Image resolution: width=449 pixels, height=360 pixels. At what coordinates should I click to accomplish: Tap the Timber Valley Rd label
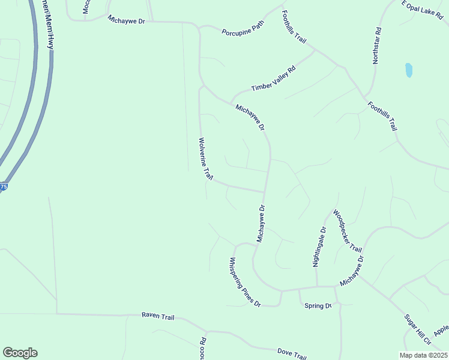[274, 79]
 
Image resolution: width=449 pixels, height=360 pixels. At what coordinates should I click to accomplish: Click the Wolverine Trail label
[205, 159]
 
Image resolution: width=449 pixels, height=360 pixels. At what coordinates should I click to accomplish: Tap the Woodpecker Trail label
[348, 231]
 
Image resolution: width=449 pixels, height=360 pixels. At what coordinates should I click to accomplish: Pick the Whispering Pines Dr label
[244, 282]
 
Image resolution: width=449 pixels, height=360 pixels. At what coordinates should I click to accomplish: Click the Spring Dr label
[318, 306]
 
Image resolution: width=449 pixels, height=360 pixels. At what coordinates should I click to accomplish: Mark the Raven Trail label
[158, 316]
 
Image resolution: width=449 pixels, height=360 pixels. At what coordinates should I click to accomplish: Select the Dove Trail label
[292, 353]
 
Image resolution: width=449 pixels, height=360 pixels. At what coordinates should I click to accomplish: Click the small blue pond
[409, 70]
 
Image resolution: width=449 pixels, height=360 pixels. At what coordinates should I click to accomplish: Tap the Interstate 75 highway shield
[4, 187]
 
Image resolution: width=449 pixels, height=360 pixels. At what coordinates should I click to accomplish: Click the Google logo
[20, 353]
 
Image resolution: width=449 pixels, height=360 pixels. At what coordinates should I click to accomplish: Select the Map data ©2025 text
[423, 355]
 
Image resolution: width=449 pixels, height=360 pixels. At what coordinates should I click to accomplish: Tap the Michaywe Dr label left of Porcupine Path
[127, 20]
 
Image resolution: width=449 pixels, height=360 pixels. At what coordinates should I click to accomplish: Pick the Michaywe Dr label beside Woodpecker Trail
[352, 271]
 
